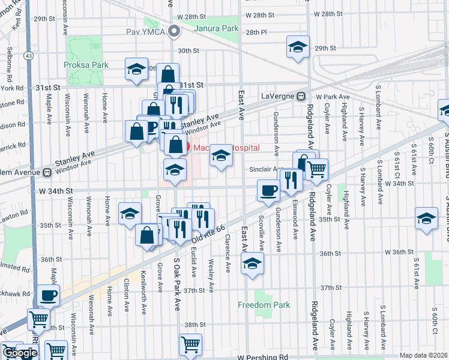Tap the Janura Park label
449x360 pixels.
[x=215, y=28]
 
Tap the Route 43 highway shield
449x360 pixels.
[x=28, y=55]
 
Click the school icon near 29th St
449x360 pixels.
[x=297, y=47]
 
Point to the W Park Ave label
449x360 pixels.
[x=333, y=97]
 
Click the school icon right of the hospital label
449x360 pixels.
[x=221, y=157]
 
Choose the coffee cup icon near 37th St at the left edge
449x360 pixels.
[x=49, y=295]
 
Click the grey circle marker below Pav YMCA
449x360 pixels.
[x=174, y=31]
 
